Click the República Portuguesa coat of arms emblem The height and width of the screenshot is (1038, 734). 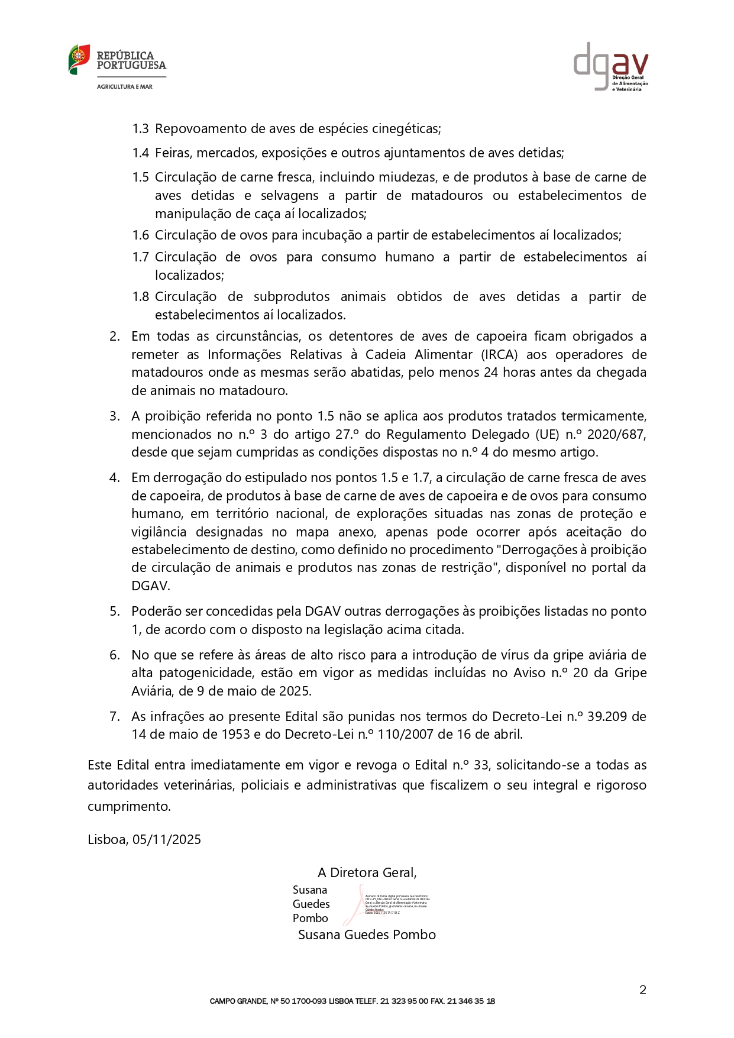pyautogui.click(x=79, y=59)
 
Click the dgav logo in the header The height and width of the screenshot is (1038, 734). pyautogui.click(x=610, y=66)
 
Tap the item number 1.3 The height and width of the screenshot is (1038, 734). pyautogui.click(x=140, y=129)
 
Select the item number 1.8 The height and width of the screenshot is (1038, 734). pyautogui.click(x=140, y=297)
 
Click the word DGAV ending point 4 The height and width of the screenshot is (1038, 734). pyautogui.click(x=150, y=586)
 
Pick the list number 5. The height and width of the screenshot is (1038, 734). pyautogui.click(x=115, y=612)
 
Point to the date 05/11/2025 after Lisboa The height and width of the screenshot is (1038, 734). pyautogui.click(x=167, y=840)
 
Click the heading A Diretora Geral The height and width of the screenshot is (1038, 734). pyautogui.click(x=367, y=873)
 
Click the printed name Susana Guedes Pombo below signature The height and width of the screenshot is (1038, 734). pyautogui.click(x=367, y=935)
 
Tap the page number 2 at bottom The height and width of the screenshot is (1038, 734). pyautogui.click(x=642, y=990)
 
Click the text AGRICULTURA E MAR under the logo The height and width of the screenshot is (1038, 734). pyautogui.click(x=125, y=87)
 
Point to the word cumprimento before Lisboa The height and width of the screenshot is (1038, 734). pyautogui.click(x=128, y=807)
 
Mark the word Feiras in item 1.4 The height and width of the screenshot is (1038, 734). pyautogui.click(x=173, y=153)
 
